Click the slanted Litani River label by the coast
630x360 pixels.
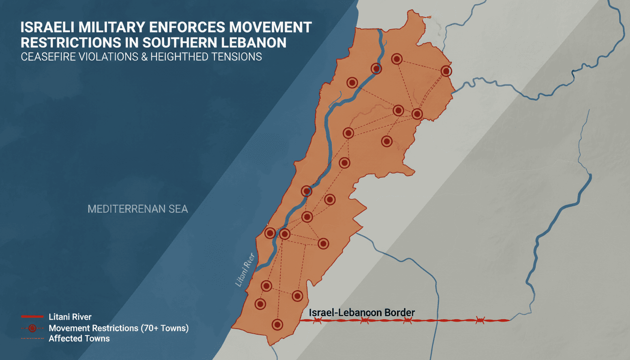click(x=245, y=269)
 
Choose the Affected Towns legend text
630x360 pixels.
click(x=79, y=338)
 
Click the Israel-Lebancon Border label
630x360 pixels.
click(x=362, y=312)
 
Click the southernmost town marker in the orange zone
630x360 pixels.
click(x=277, y=324)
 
